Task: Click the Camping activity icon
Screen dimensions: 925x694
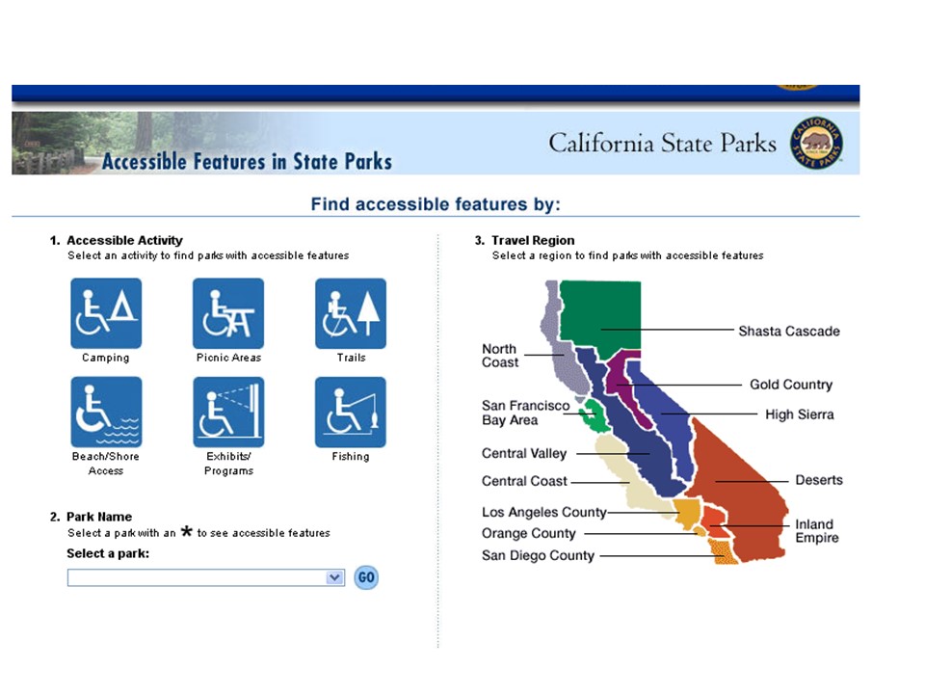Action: tap(106, 313)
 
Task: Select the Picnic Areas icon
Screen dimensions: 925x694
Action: tap(228, 313)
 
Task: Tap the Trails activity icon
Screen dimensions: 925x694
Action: tap(351, 313)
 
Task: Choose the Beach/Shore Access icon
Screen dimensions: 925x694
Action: tap(106, 412)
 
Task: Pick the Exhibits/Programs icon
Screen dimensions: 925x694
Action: tap(228, 412)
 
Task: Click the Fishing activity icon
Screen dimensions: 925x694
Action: tap(351, 412)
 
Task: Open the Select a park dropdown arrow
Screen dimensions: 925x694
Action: tap(334, 577)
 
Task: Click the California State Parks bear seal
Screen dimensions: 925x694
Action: tap(816, 143)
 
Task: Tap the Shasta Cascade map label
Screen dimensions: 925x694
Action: tap(789, 331)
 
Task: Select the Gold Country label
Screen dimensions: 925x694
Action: tap(790, 385)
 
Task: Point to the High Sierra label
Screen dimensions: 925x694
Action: tap(800, 414)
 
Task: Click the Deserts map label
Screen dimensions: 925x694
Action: tap(819, 480)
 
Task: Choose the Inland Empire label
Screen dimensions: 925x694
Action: tap(816, 530)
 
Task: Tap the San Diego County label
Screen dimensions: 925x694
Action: tap(538, 556)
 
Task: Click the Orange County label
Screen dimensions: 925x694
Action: tap(529, 533)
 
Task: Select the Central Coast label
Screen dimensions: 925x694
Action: tap(524, 481)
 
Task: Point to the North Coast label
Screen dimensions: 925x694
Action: tap(500, 356)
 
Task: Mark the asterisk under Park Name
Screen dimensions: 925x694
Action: tap(186, 531)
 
